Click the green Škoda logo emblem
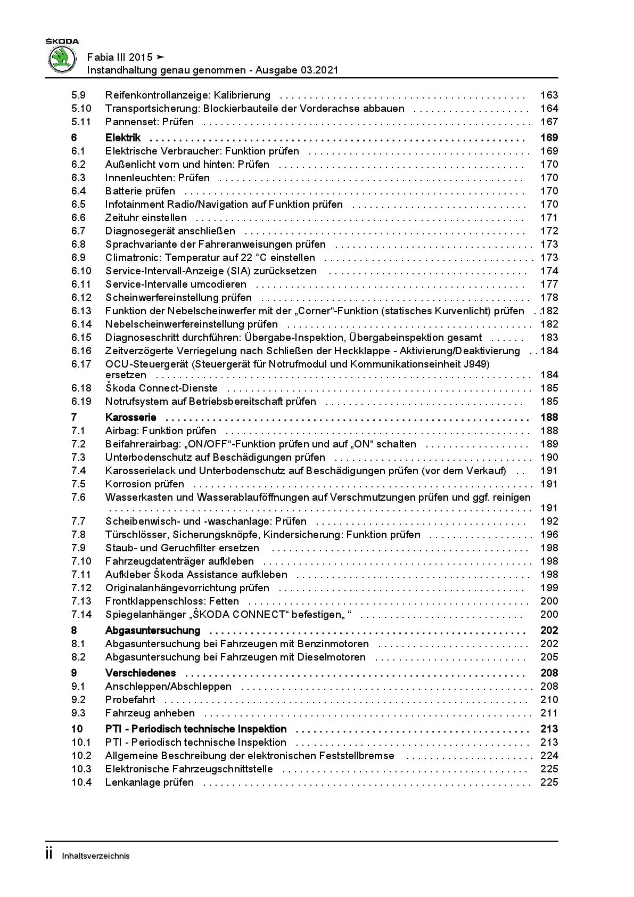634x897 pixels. coord(62,59)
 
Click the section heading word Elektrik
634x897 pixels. coord(122,137)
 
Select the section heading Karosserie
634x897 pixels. coord(130,417)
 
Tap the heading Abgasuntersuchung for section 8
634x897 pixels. coord(152,630)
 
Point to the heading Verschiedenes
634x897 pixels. coord(140,673)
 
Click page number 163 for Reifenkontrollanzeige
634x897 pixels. coord(549,95)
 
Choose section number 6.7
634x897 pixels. coord(78,231)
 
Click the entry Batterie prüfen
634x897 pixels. coord(140,191)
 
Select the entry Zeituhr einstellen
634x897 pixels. coord(146,217)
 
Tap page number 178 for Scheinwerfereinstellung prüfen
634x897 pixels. coord(549,297)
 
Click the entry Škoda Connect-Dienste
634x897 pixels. coord(161,388)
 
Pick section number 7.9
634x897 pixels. coord(78,548)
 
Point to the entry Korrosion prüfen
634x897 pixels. coord(144,484)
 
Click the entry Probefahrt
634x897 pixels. coord(130,699)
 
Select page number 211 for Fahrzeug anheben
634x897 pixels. coord(549,713)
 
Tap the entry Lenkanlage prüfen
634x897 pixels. coord(149,782)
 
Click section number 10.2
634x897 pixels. coord(81,755)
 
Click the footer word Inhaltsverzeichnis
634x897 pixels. coord(96,856)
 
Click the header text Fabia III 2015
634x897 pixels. coord(119,57)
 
